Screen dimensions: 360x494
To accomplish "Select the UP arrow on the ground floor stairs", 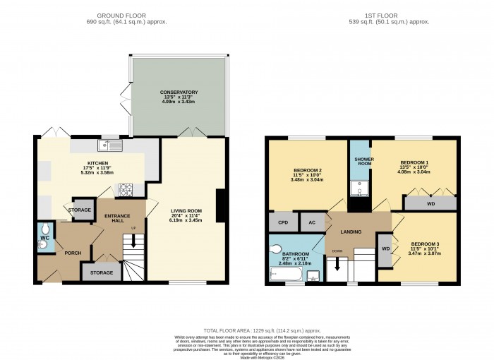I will coord(133,242).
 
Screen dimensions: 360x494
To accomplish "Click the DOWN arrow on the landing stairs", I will coord(337,265).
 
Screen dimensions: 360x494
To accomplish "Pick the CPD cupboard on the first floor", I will coord(282,222).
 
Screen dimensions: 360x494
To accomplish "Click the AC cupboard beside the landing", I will coord(311,222).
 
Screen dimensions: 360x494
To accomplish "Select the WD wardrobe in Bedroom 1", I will coord(430,203).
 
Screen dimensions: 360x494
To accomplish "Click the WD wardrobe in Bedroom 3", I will coord(385,249).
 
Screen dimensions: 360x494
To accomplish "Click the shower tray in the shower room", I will coord(359,186).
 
